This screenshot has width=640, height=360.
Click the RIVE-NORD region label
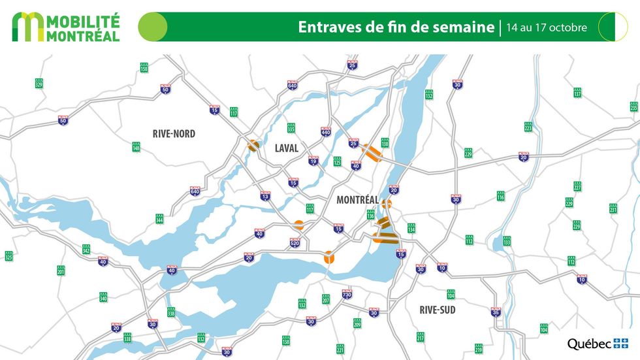[174, 134]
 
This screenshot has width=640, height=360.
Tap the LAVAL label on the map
[286, 148]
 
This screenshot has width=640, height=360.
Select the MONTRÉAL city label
[357, 200]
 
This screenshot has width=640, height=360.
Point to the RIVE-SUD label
[438, 310]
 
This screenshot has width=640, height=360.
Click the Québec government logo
[598, 343]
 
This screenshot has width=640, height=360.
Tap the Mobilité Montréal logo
[66, 27]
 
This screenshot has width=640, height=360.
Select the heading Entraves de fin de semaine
[396, 27]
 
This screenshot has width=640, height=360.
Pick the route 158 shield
[144, 67]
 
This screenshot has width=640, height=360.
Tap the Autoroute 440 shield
[325, 132]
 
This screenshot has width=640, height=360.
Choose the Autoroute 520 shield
[295, 243]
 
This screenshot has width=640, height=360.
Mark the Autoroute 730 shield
[347, 294]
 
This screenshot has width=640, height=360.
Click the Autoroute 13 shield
[265, 195]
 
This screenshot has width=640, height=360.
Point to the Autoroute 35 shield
[496, 312]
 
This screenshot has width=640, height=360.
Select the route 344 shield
[159, 219]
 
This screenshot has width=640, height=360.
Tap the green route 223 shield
[528, 126]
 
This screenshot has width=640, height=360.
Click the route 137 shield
[577, 92]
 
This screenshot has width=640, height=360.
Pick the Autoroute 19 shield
[313, 160]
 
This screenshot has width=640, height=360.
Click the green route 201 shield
[61, 269]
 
